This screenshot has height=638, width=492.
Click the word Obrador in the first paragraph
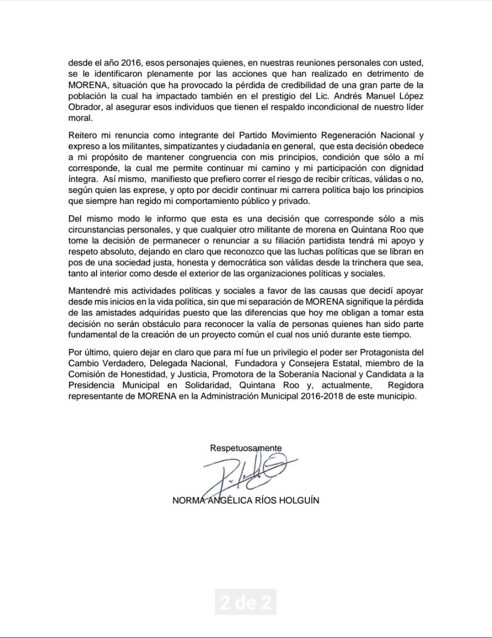tap(84, 108)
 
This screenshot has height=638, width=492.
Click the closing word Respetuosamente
tap(246, 448)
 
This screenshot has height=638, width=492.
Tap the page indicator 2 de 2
tap(246, 603)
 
